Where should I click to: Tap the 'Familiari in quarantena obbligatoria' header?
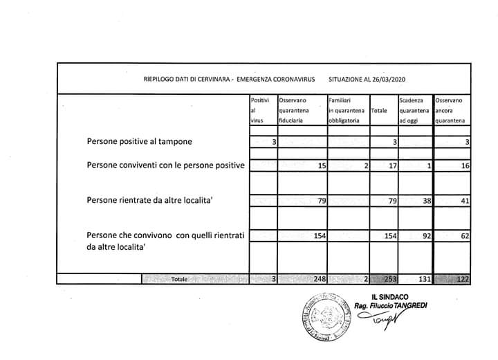348,110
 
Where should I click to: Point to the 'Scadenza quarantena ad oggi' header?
415,110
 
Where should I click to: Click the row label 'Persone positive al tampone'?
140,142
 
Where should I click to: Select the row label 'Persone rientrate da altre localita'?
149,201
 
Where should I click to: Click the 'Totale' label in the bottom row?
179,279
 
